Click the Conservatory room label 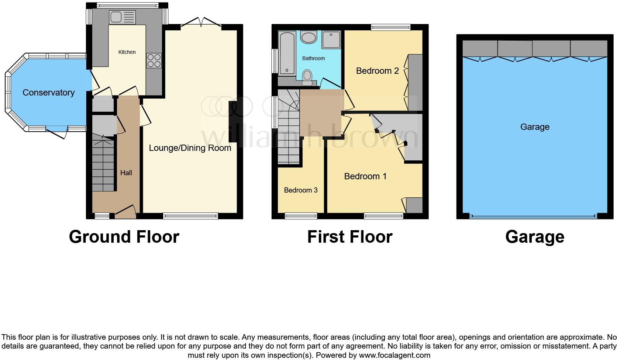(x=48, y=93)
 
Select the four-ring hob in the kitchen (x=154, y=61)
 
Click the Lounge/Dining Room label (x=190, y=148)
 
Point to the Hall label (x=126, y=173)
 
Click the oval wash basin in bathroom (x=309, y=37)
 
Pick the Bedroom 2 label (x=377, y=71)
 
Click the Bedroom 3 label (x=300, y=190)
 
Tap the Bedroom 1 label (x=365, y=176)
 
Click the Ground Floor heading (x=124, y=237)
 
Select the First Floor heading (x=349, y=237)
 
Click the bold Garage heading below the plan (x=534, y=237)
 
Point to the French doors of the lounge (x=201, y=23)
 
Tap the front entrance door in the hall (x=125, y=212)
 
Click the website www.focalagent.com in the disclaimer (x=394, y=356)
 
